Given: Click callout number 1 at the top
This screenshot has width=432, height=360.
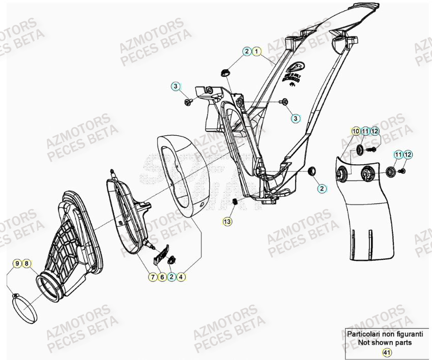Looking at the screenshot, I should click(x=257, y=51).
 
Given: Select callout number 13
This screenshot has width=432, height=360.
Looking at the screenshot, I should click(x=227, y=221).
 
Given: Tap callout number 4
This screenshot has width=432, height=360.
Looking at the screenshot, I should click(x=182, y=277).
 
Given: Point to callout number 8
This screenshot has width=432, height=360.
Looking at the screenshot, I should click(x=26, y=263).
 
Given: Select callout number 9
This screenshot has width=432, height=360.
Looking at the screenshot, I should click(x=17, y=263).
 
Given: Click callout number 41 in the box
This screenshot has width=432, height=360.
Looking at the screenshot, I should click(x=387, y=352).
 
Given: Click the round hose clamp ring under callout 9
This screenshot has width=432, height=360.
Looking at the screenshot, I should click(x=25, y=308).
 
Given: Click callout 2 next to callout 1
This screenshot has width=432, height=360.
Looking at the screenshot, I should click(x=247, y=51).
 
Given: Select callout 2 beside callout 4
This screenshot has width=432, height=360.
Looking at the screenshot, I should click(x=172, y=277).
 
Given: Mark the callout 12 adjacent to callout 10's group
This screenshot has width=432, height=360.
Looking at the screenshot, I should click(x=375, y=131).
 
